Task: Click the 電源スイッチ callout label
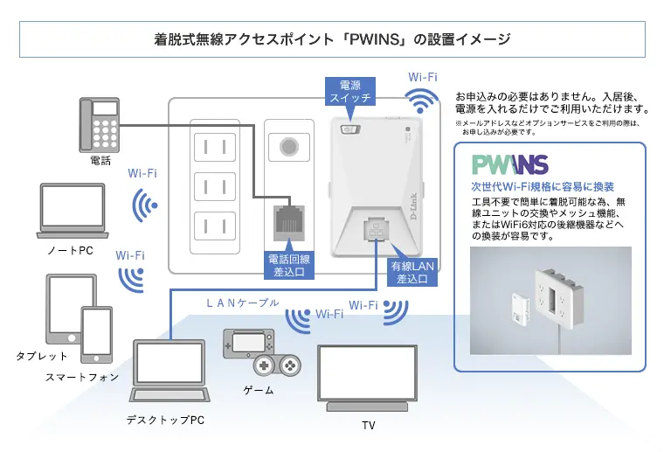[x=349, y=92]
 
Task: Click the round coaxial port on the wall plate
[x=286, y=145]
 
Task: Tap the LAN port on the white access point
[x=375, y=230]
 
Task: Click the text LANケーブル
[x=242, y=303]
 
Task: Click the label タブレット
[x=41, y=356]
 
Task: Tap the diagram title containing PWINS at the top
[x=332, y=39]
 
